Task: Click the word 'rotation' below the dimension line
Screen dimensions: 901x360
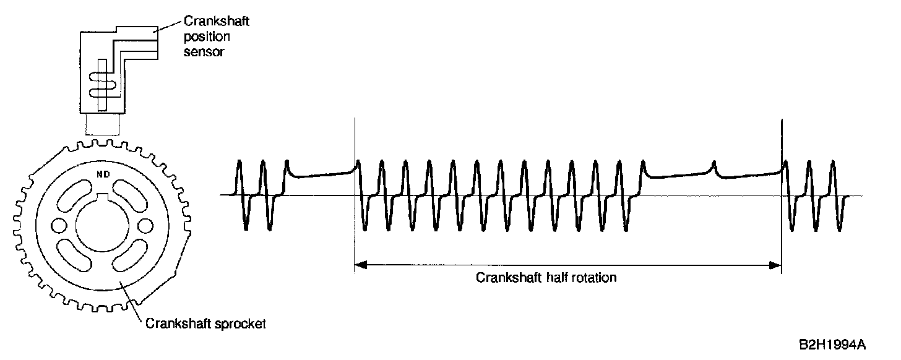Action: point(593,277)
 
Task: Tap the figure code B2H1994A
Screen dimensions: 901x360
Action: point(830,343)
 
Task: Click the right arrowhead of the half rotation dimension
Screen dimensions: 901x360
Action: point(776,265)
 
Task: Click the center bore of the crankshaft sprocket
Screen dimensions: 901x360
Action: point(101,224)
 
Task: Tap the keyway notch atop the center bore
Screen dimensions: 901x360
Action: point(102,199)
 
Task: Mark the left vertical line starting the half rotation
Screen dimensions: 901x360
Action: point(355,186)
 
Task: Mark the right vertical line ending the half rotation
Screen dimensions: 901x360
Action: point(782,186)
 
